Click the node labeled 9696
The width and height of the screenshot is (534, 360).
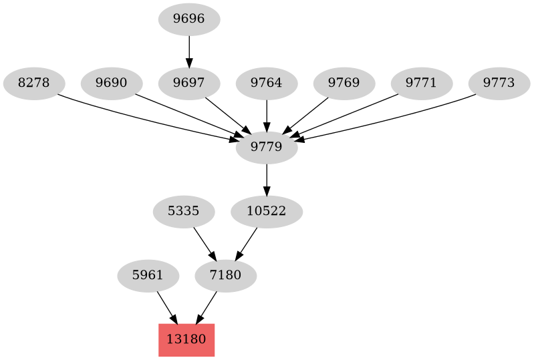click(x=189, y=19)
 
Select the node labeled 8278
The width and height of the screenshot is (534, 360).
click(x=34, y=83)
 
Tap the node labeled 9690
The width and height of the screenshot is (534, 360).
click(x=112, y=83)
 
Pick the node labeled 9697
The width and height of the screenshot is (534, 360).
click(x=189, y=83)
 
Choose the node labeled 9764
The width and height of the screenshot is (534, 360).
click(x=267, y=83)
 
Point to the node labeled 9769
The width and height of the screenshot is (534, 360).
click(x=344, y=83)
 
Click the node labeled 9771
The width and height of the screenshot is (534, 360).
click(x=422, y=83)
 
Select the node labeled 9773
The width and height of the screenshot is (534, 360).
click(x=499, y=83)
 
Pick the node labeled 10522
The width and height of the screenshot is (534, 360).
click(x=267, y=212)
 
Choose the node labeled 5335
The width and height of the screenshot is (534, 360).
click(x=184, y=212)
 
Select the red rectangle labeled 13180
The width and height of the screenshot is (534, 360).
click(x=186, y=340)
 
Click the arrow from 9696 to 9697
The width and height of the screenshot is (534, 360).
click(x=189, y=51)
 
